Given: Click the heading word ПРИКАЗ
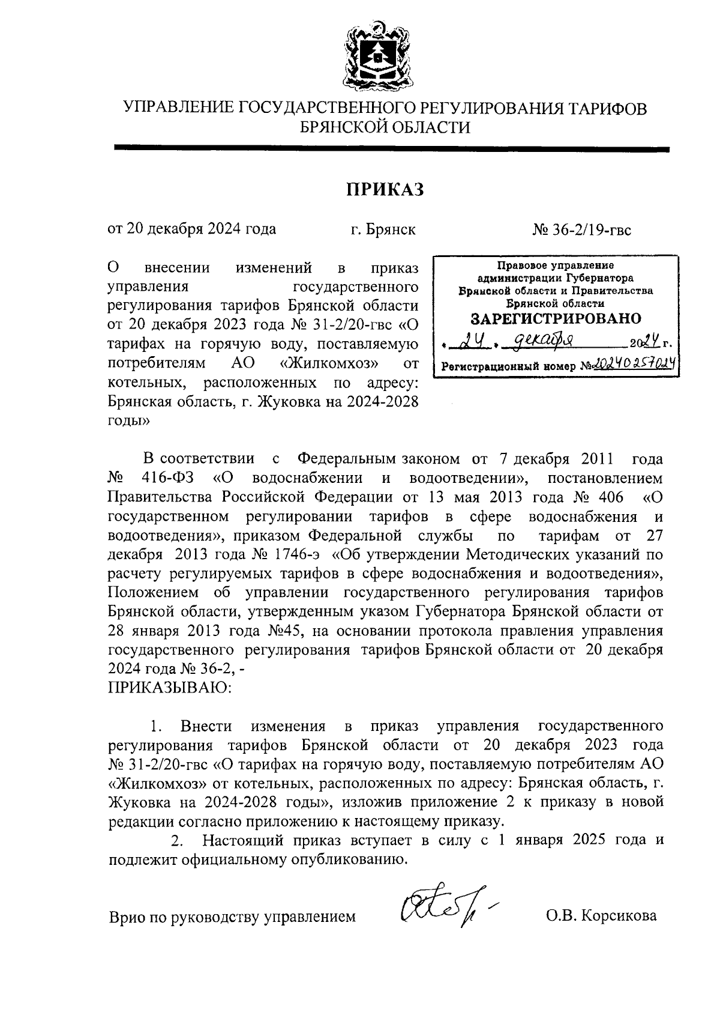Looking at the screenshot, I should coord(385,189).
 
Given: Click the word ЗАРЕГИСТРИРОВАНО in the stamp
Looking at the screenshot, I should coord(556,318).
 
